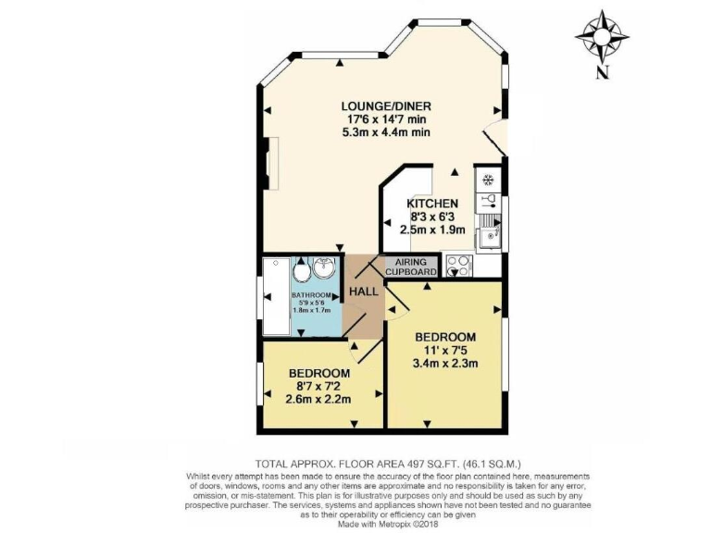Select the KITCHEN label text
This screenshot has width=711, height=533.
432,204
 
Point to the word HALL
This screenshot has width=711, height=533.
363,291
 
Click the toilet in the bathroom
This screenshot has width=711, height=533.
302,273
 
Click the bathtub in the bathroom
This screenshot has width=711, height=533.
276,296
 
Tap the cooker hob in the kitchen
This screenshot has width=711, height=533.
457,266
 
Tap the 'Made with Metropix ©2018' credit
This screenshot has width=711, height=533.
386,525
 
